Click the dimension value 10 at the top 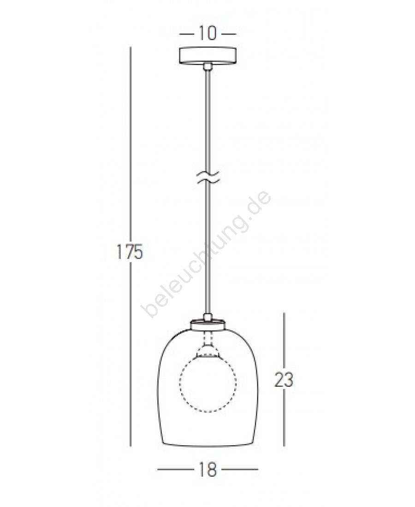click(207, 33)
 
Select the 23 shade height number click(284, 380)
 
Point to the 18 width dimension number click(207, 469)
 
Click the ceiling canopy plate click(207, 56)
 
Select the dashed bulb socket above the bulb click(208, 345)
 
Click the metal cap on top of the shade click(207, 324)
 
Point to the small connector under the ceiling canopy click(207, 67)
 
